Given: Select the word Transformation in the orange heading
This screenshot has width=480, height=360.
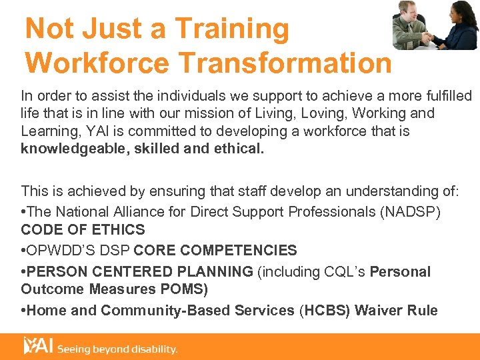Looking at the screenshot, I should [287, 63].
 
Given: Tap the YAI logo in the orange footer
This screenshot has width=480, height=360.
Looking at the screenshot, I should [38, 347].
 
